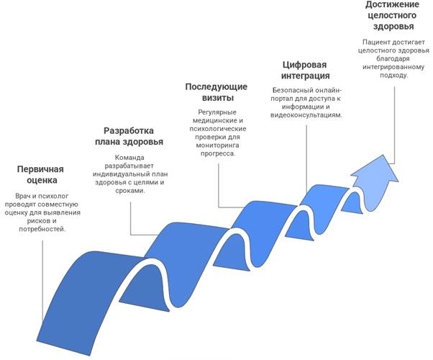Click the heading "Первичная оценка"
tap(41, 175)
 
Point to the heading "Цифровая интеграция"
tap(305, 70)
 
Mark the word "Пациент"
tap(377, 42)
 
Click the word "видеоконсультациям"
tap(306, 114)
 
